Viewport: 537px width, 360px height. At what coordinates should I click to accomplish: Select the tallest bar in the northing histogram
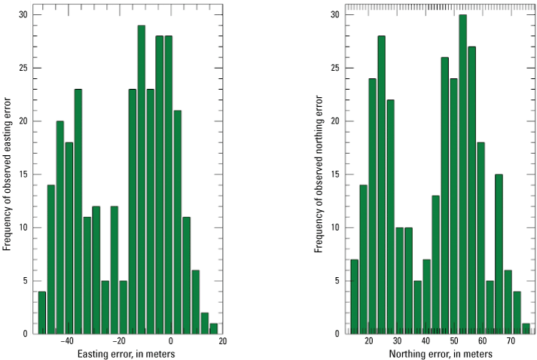click(x=462, y=174)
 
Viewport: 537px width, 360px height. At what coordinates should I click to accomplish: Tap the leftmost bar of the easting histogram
click(x=42, y=312)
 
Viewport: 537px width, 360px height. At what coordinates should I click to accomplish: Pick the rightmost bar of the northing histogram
click(x=526, y=328)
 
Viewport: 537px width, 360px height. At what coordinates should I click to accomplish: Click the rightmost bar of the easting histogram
click(x=214, y=328)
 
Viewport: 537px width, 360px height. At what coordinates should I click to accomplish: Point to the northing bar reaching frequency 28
click(x=381, y=185)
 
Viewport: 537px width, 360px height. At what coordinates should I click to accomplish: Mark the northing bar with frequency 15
click(x=499, y=254)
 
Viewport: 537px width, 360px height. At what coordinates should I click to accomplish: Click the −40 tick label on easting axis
click(x=66, y=341)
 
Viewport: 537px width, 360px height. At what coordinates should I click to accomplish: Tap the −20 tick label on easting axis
click(x=118, y=341)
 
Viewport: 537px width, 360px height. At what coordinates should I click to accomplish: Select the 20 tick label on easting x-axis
click(x=223, y=341)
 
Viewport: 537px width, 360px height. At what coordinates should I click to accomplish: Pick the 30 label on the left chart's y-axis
click(x=23, y=15)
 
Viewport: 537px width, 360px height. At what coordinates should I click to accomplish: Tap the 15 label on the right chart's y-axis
click(x=337, y=174)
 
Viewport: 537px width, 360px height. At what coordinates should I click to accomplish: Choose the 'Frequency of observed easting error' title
click(x=7, y=173)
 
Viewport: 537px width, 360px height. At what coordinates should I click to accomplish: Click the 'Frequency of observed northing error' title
click(x=319, y=173)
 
